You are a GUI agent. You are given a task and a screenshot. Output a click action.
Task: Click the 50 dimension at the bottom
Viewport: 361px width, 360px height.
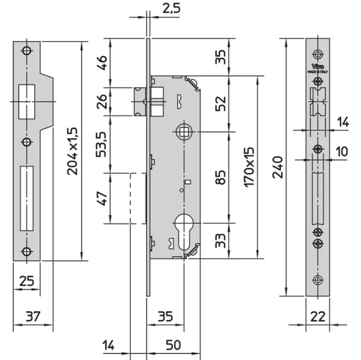point(173,345)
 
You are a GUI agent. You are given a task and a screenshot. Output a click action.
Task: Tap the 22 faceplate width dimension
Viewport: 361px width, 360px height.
point(319,316)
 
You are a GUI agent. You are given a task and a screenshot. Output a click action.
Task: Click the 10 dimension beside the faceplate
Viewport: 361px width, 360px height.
point(342,152)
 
